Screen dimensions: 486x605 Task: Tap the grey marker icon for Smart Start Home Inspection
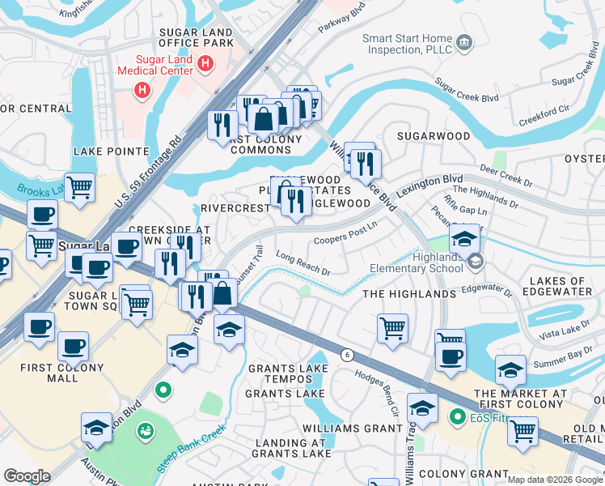tap(464, 42)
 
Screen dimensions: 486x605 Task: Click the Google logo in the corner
tap(27, 476)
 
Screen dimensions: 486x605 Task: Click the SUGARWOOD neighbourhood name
tap(441, 137)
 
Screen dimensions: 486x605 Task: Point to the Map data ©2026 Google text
tap(554, 479)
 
